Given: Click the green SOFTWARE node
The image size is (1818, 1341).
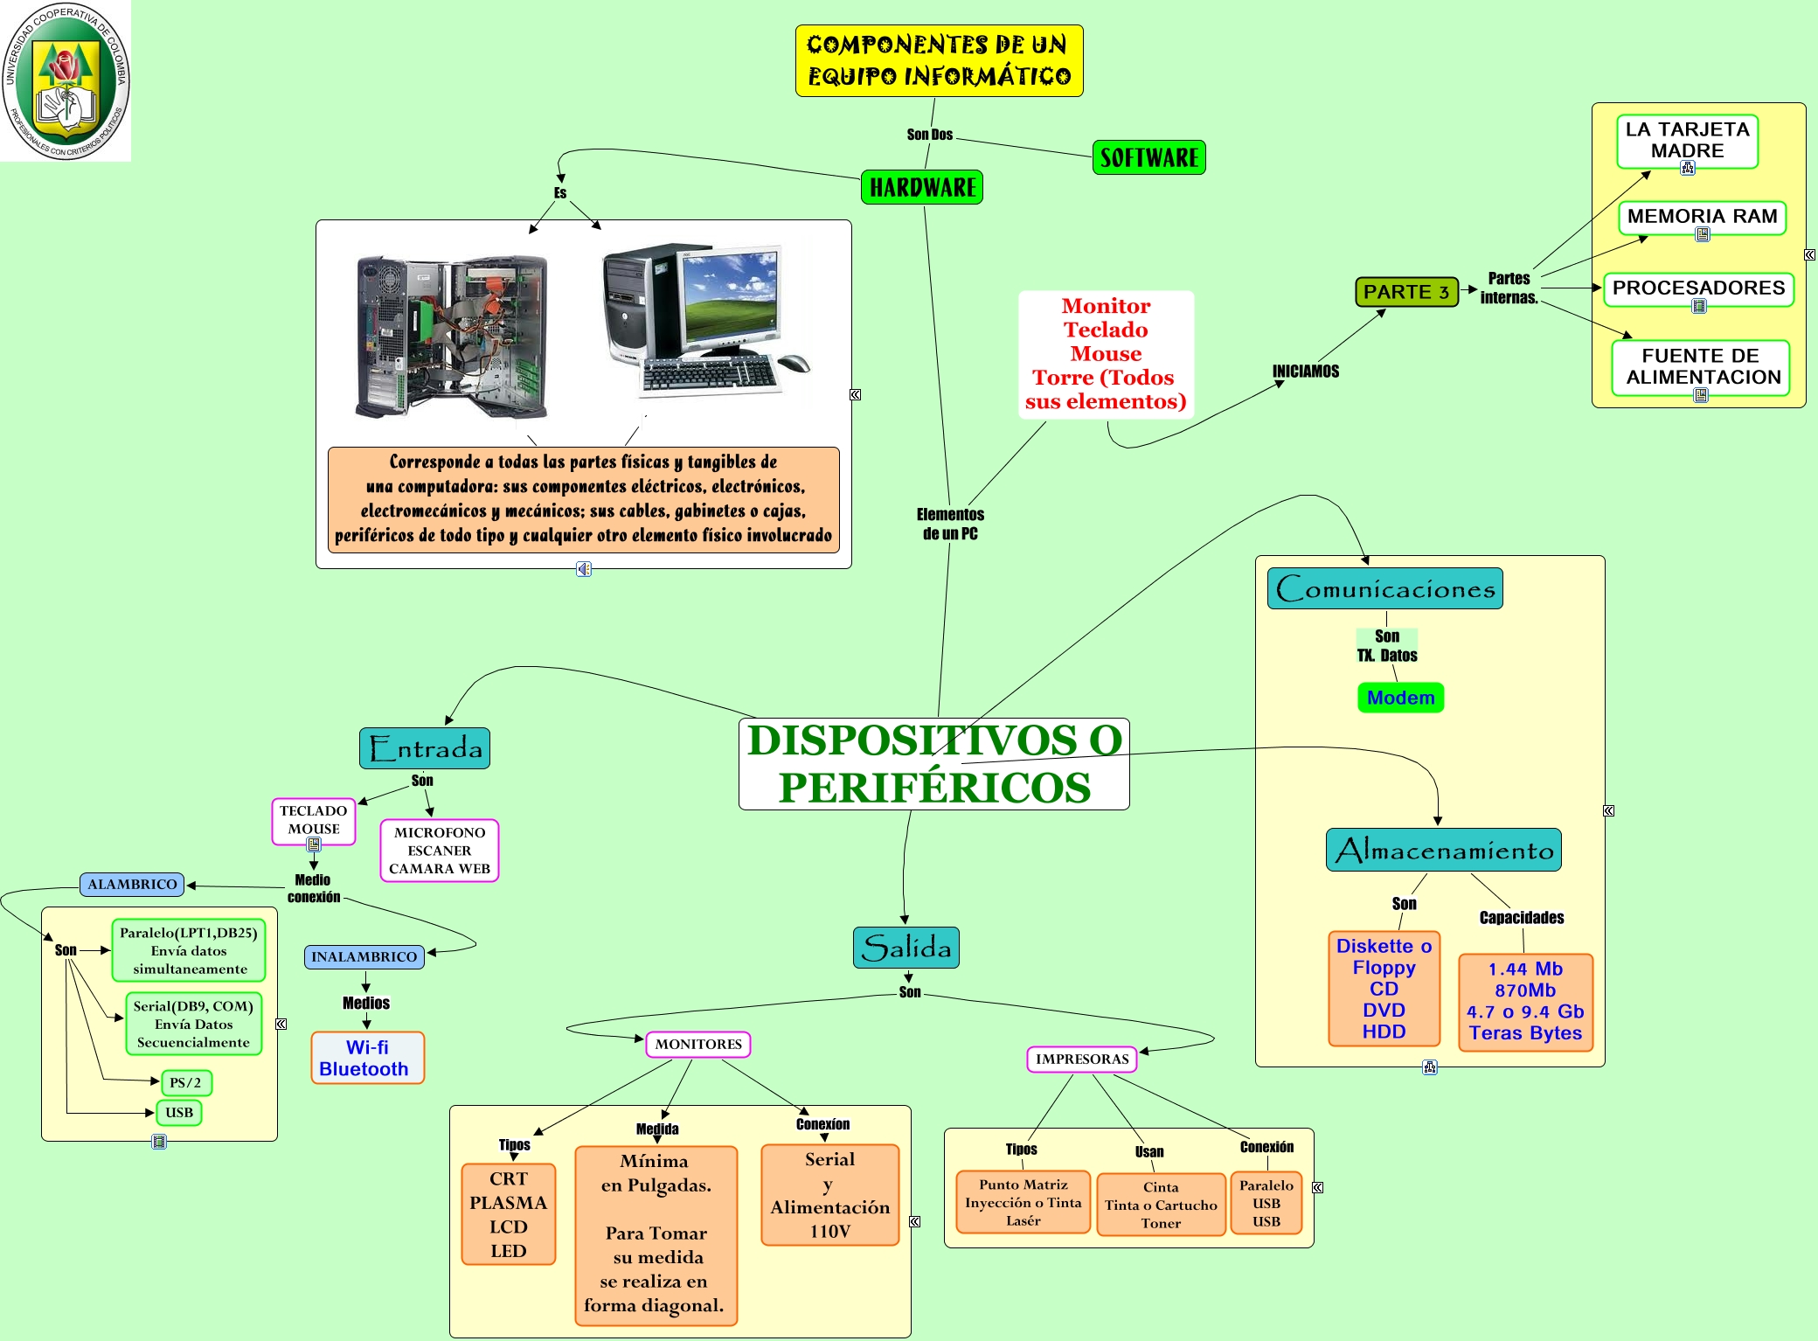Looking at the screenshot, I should tap(1148, 158).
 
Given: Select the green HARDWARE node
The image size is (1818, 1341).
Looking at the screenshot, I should tap(922, 187).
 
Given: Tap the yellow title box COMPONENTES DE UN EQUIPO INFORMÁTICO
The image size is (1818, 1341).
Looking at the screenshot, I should tap(939, 60).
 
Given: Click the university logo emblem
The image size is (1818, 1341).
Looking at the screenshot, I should tap(66, 80).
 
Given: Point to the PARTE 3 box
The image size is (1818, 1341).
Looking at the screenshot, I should tap(1406, 292).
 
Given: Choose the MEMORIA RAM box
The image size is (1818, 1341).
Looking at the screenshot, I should tap(1702, 217).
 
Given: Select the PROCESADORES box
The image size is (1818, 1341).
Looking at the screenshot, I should tap(1698, 288).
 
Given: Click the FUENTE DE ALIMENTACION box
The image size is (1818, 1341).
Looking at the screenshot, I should tap(1701, 366).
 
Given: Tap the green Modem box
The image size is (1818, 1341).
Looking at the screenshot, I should tap(1400, 698).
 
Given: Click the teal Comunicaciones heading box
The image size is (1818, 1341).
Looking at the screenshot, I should tap(1385, 588).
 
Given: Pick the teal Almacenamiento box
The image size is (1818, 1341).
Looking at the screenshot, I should tap(1444, 850).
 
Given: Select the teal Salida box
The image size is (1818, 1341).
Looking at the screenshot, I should tap(906, 948).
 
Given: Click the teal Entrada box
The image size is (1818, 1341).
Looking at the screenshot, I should tap(425, 748).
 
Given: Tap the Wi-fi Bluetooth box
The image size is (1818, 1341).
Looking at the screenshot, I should tap(367, 1058).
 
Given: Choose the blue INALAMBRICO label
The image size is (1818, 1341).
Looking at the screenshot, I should tap(364, 957).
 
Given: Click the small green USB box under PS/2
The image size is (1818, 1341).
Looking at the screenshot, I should tap(179, 1113).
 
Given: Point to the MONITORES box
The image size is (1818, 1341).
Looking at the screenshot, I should tap(698, 1045).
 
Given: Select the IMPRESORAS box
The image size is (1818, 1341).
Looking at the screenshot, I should tap(1081, 1060).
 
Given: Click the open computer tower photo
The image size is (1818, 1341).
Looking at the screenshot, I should tap(452, 337).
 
